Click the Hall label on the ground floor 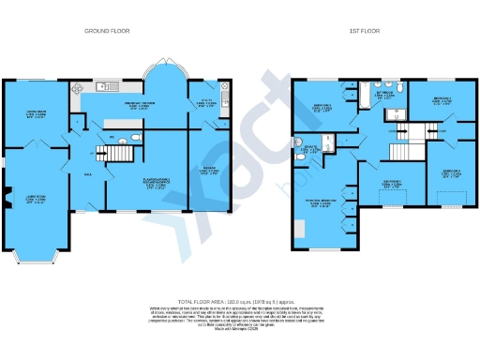[x=88, y=173]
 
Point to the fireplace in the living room [x=7, y=198]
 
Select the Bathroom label [x=385, y=95]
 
